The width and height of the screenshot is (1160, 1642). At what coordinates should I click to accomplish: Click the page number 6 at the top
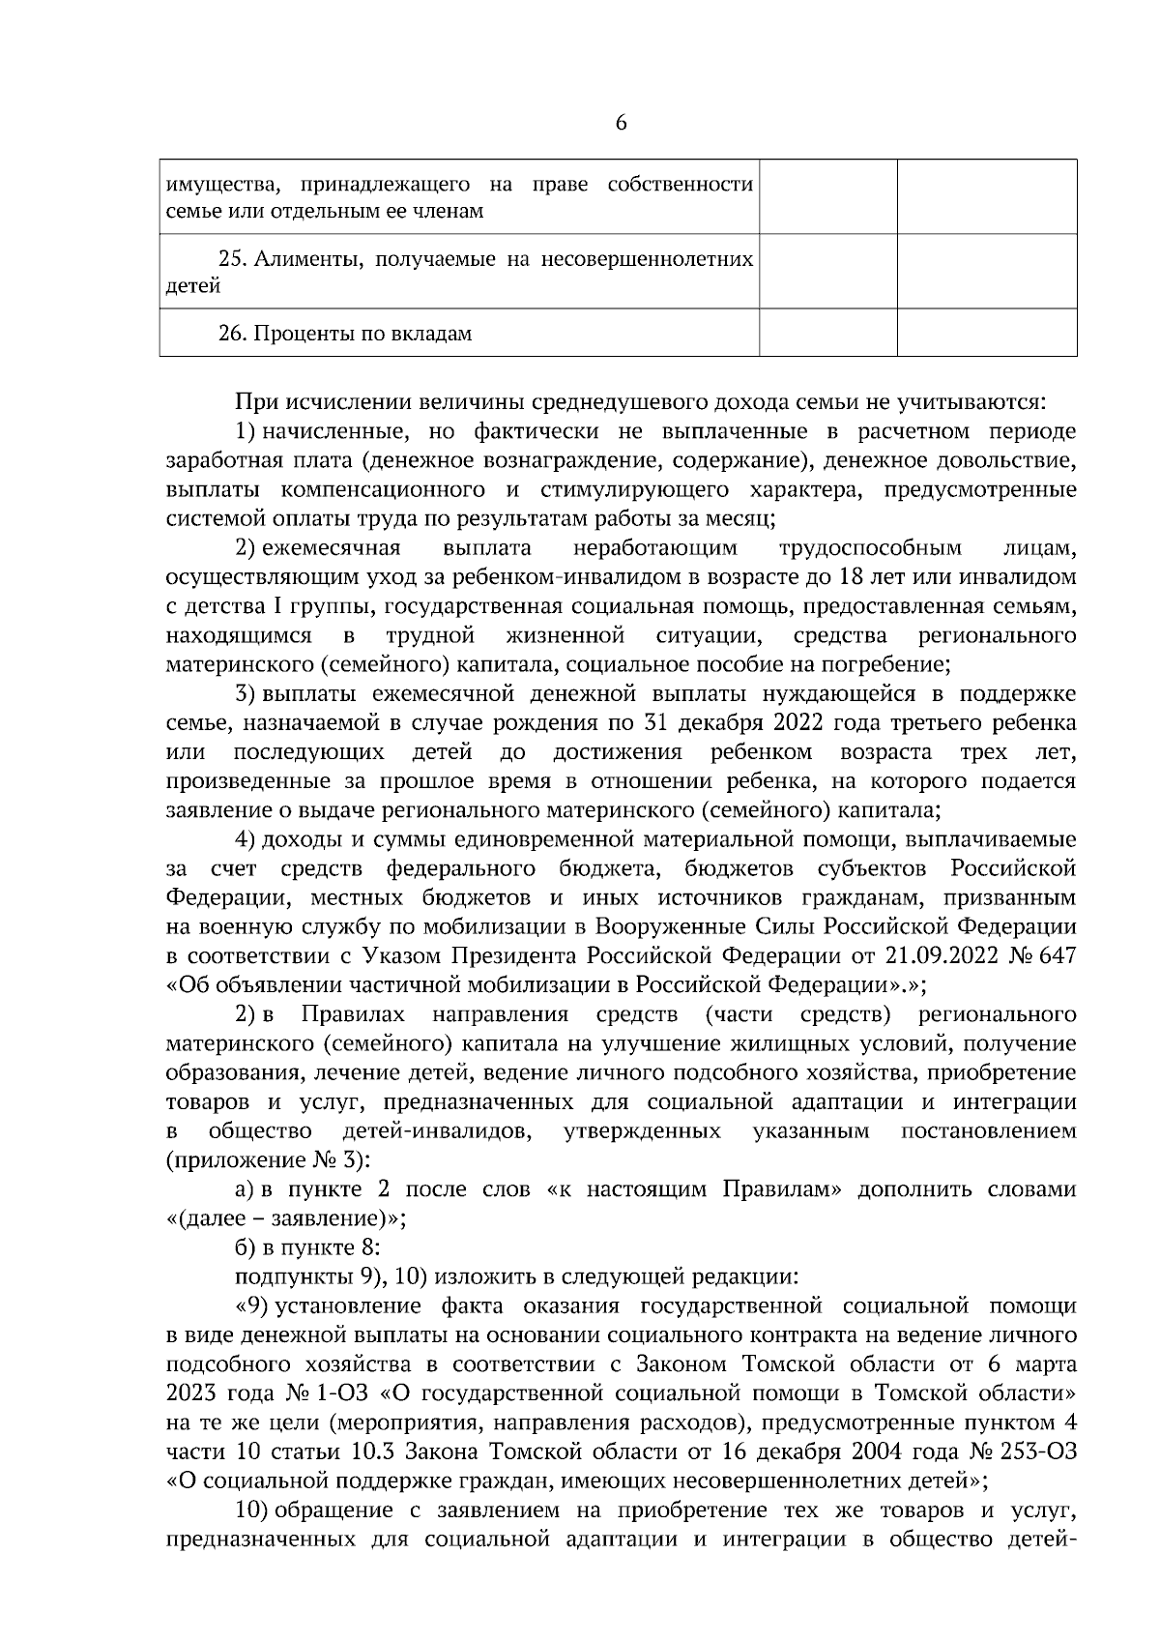point(621,123)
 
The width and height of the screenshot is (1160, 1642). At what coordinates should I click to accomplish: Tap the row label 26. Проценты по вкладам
point(345,334)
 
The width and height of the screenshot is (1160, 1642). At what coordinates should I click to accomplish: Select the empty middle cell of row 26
point(828,333)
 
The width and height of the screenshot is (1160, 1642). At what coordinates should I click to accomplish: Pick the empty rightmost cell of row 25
point(987,271)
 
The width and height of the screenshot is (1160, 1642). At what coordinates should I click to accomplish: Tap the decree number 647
point(1056,955)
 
